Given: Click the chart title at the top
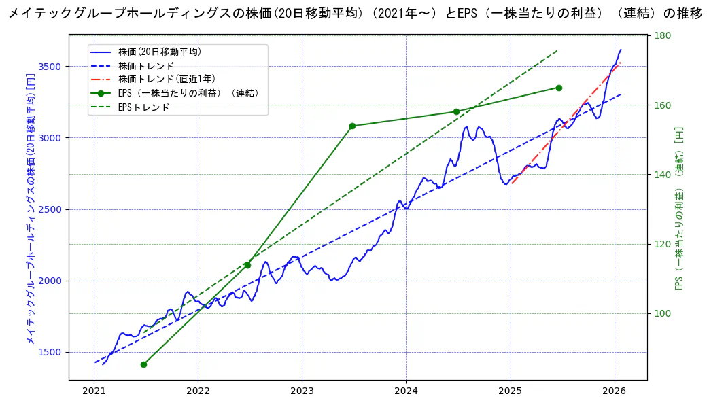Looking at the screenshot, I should pyautogui.click(x=354, y=13).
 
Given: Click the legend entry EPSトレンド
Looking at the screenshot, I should pyautogui.click(x=143, y=107).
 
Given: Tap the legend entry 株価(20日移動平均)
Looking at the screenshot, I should pyautogui.click(x=159, y=52).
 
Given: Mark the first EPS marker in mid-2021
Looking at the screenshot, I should pyautogui.click(x=143, y=364).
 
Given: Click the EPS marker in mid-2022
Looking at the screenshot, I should pyautogui.click(x=247, y=265).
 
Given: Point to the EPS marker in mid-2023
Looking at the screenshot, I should pyautogui.click(x=352, y=126).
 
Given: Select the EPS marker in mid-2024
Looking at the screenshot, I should pyautogui.click(x=456, y=112).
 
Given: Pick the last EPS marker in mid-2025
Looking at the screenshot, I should pyautogui.click(x=559, y=88).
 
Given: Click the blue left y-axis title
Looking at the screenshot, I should pyautogui.click(x=31, y=207).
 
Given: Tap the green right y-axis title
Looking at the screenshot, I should pyautogui.click(x=679, y=207).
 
